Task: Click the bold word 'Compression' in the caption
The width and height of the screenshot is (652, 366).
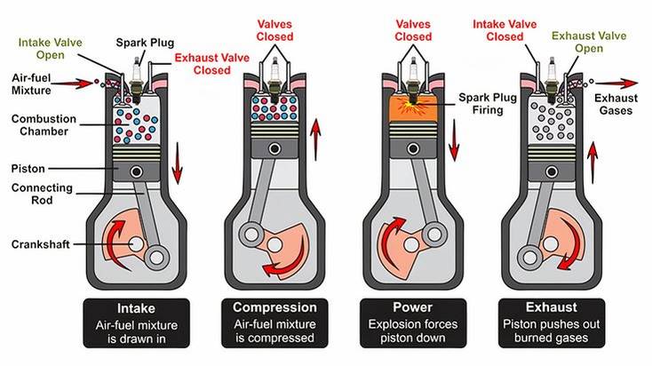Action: click(x=274, y=307)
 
